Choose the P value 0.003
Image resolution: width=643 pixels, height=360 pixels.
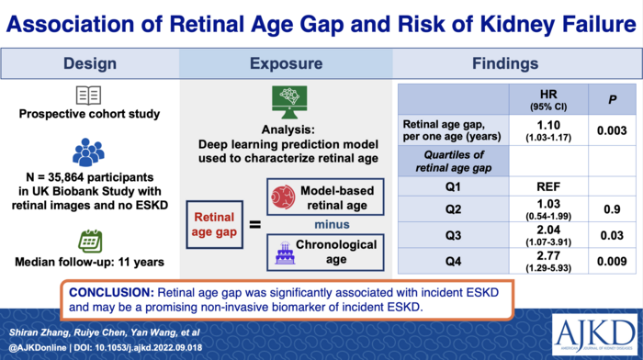pos(612,132)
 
